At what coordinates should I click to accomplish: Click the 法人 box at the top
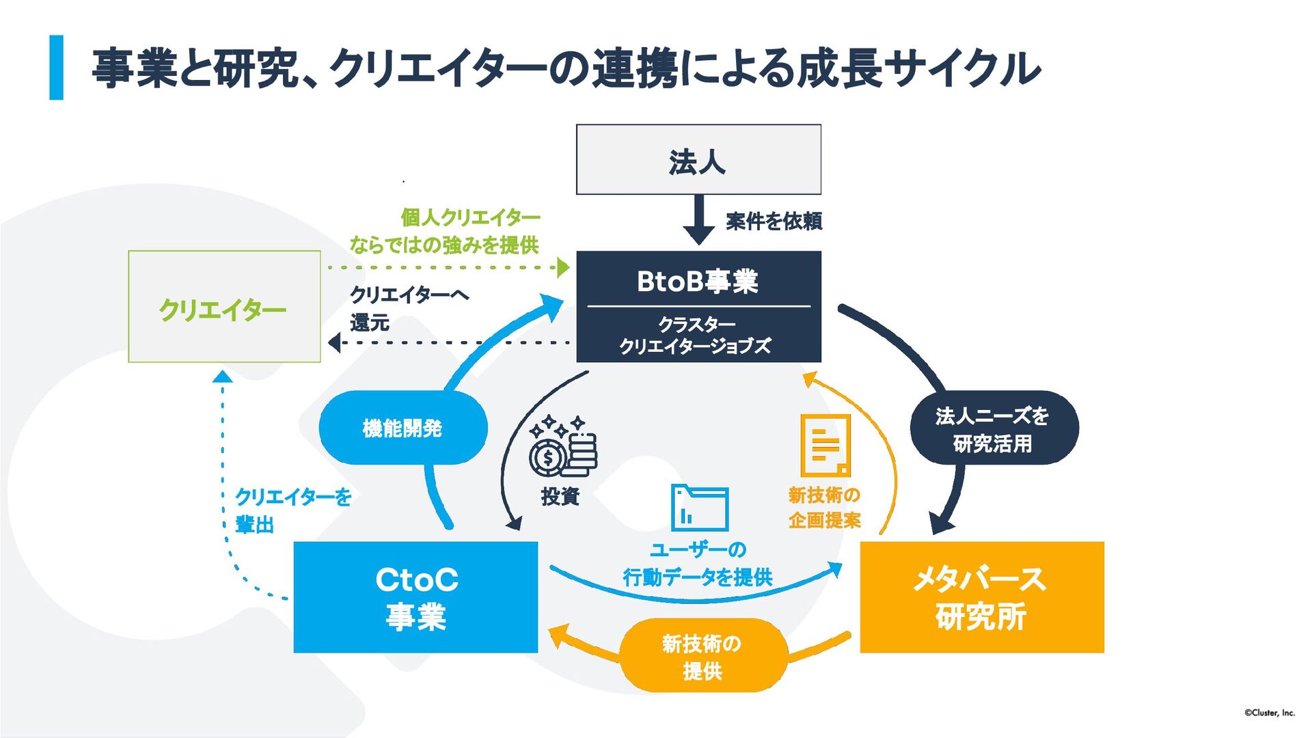698,160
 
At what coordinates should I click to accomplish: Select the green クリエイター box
224,307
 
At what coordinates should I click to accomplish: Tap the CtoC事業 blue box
415,597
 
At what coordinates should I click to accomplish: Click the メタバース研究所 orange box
981,597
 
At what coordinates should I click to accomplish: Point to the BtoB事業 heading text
698,282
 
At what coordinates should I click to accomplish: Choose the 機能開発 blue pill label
402,428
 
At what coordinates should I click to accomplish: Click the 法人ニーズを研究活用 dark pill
993,429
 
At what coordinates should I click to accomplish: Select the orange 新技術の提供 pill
702,656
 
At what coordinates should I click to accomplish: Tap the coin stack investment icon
562,447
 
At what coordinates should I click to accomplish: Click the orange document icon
825,445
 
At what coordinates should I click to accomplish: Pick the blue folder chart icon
699,508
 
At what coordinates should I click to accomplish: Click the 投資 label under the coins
560,497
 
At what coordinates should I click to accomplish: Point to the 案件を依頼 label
774,221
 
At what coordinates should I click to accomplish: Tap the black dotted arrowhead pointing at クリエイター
334,342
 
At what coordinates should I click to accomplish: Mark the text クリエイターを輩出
292,510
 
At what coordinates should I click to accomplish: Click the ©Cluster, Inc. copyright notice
1269,713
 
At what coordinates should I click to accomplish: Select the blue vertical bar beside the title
56,68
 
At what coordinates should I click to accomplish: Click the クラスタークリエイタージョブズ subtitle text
696,335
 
